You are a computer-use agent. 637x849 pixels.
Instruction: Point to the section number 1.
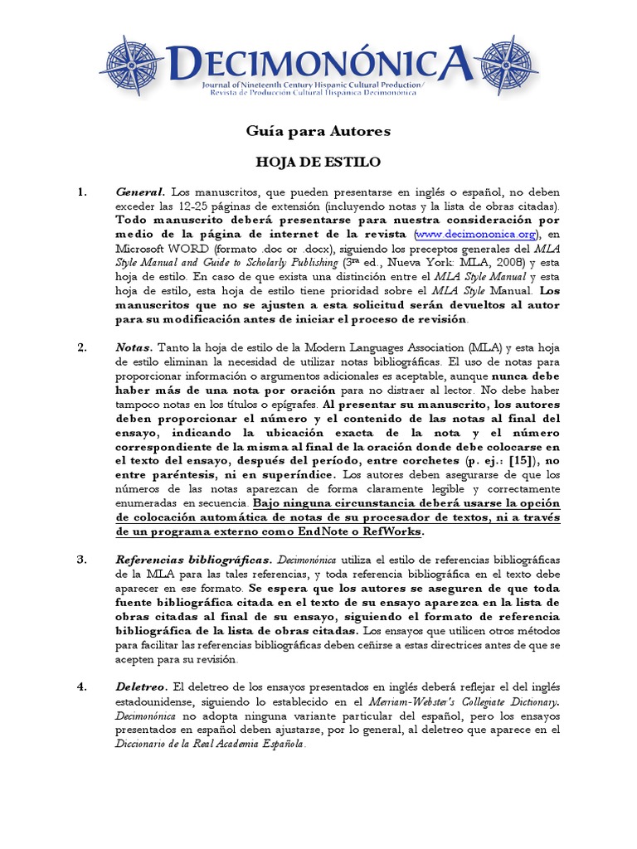(x=82, y=192)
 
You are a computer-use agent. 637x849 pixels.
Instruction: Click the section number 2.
(x=82, y=348)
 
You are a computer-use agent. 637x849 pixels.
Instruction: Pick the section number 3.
(x=82, y=560)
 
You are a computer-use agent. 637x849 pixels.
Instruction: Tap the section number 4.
(x=82, y=687)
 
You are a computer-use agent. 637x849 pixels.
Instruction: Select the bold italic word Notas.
(x=134, y=348)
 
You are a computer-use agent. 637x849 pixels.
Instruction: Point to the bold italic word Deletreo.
(x=141, y=687)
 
